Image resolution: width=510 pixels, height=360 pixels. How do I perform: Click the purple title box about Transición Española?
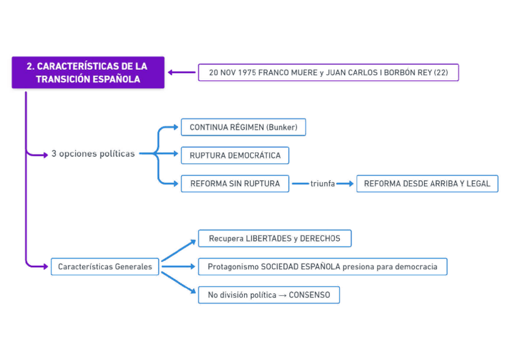tap(88, 73)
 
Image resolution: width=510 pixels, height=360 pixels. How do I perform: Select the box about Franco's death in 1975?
tap(328, 73)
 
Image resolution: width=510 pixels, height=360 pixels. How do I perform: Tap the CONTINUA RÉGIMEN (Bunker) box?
tap(243, 127)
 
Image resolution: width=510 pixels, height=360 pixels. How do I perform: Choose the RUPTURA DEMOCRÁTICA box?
tap(235, 156)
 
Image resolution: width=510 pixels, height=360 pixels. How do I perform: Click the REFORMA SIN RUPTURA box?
tap(235, 184)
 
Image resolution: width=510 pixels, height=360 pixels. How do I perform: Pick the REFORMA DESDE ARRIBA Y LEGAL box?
tap(427, 184)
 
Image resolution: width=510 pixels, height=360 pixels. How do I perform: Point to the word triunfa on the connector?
tap(322, 184)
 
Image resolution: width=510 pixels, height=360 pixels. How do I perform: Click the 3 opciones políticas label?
tap(93, 154)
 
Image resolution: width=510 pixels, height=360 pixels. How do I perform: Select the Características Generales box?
tap(105, 266)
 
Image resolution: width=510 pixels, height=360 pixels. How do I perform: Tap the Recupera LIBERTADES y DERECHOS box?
tap(274, 239)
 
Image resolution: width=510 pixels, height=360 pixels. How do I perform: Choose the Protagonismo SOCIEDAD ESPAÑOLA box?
tap(322, 266)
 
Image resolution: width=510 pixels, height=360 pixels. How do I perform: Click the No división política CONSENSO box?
tap(268, 295)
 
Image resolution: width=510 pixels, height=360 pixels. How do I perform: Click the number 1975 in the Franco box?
tap(247, 73)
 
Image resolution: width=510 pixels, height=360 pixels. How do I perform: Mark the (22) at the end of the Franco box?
tap(441, 73)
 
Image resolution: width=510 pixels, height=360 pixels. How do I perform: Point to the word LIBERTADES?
tap(269, 239)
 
